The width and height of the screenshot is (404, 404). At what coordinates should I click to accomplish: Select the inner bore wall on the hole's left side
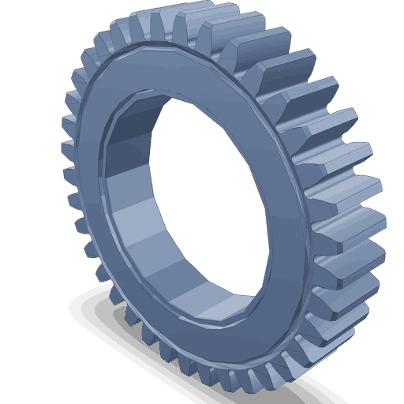tap(118, 205)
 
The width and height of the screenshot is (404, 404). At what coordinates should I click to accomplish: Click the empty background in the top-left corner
tap(24, 24)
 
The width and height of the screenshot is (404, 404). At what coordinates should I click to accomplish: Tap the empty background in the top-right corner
tap(379, 24)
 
